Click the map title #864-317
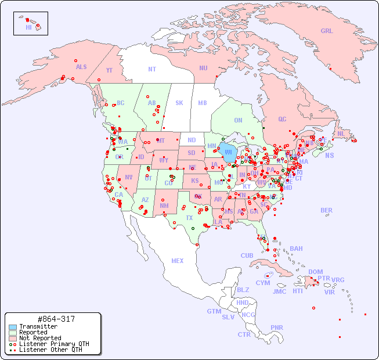pyautogui.click(x=55, y=319)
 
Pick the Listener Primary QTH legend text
pyautogui.click(x=53, y=344)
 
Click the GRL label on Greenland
pyautogui.click(x=327, y=31)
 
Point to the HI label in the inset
pyautogui.click(x=28, y=27)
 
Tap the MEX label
pyautogui.click(x=178, y=261)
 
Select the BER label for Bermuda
pyautogui.click(x=327, y=211)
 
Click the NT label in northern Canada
pyautogui.click(x=152, y=69)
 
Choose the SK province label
pyautogui.click(x=179, y=103)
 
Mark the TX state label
pyautogui.click(x=189, y=218)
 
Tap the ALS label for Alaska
pyautogui.click(x=81, y=67)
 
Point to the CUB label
pyautogui.click(x=247, y=255)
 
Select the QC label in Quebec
pyautogui.click(x=282, y=119)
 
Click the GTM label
pyautogui.click(x=214, y=311)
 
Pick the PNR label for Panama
pyautogui.click(x=277, y=327)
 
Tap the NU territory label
pyautogui.click(x=203, y=68)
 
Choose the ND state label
pyautogui.click(x=192, y=140)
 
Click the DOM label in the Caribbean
pyautogui.click(x=315, y=272)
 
